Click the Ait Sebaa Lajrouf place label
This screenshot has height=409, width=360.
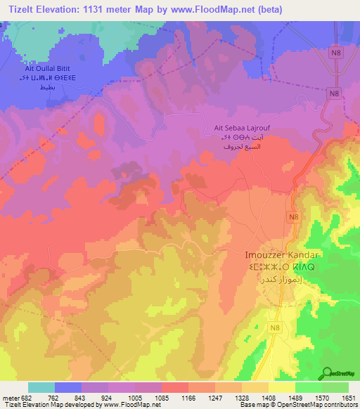(242, 129)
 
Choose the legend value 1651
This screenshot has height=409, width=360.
(348, 398)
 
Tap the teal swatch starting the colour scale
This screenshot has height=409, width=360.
(41, 387)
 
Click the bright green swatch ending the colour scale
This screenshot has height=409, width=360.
(335, 387)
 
